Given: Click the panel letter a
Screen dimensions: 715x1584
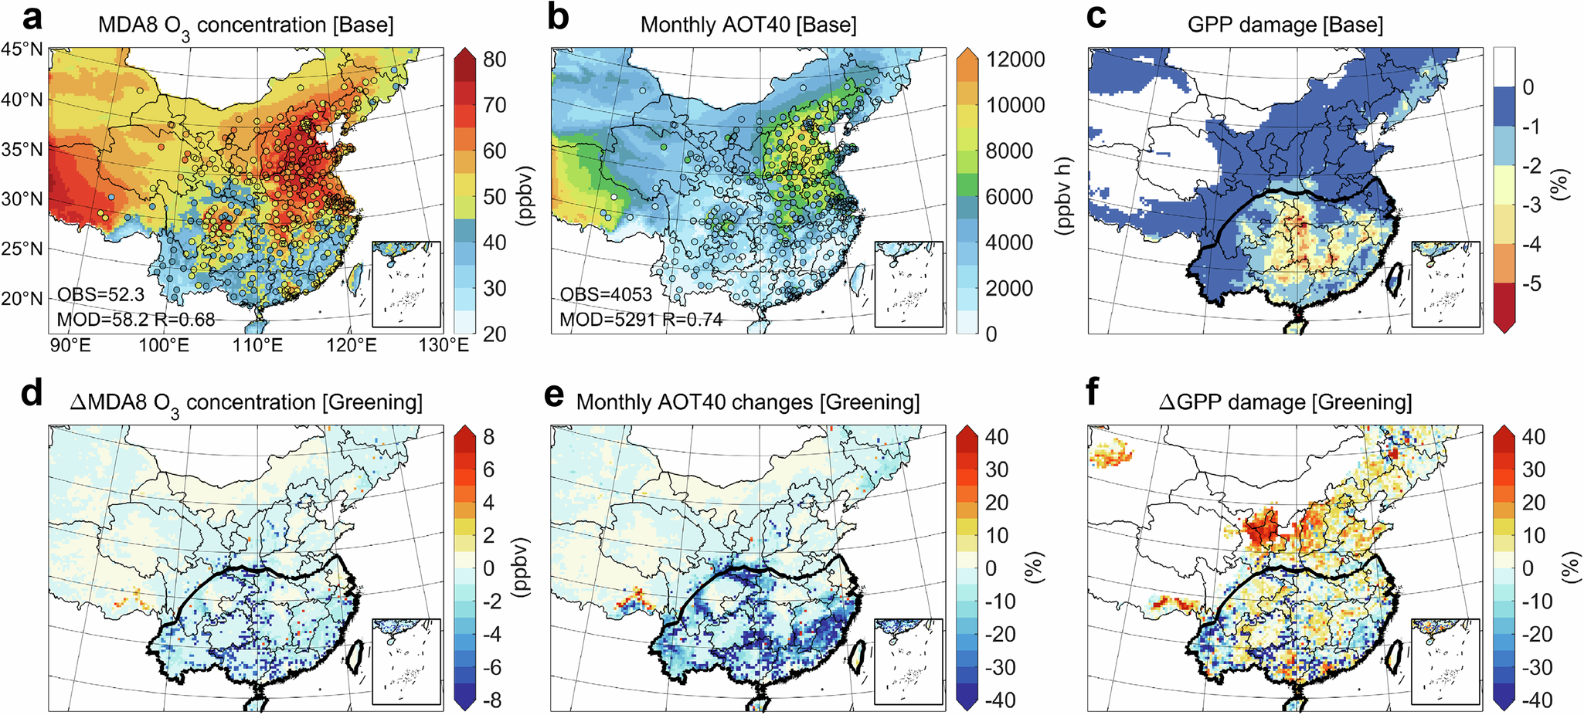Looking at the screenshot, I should point(32,17).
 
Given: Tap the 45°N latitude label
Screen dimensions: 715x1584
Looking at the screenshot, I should point(22,49).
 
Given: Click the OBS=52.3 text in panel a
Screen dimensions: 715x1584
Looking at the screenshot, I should point(100,295).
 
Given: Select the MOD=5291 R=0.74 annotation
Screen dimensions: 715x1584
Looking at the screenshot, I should point(641,319).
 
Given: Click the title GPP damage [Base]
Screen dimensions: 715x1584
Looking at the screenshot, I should point(1285,25).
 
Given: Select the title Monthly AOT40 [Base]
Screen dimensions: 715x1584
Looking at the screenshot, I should point(748,25).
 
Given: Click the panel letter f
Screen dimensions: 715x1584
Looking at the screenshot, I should point(1092,395).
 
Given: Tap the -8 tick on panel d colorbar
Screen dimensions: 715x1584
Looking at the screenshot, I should point(488,700).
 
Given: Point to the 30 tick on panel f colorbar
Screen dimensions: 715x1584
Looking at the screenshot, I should point(1533,469).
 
